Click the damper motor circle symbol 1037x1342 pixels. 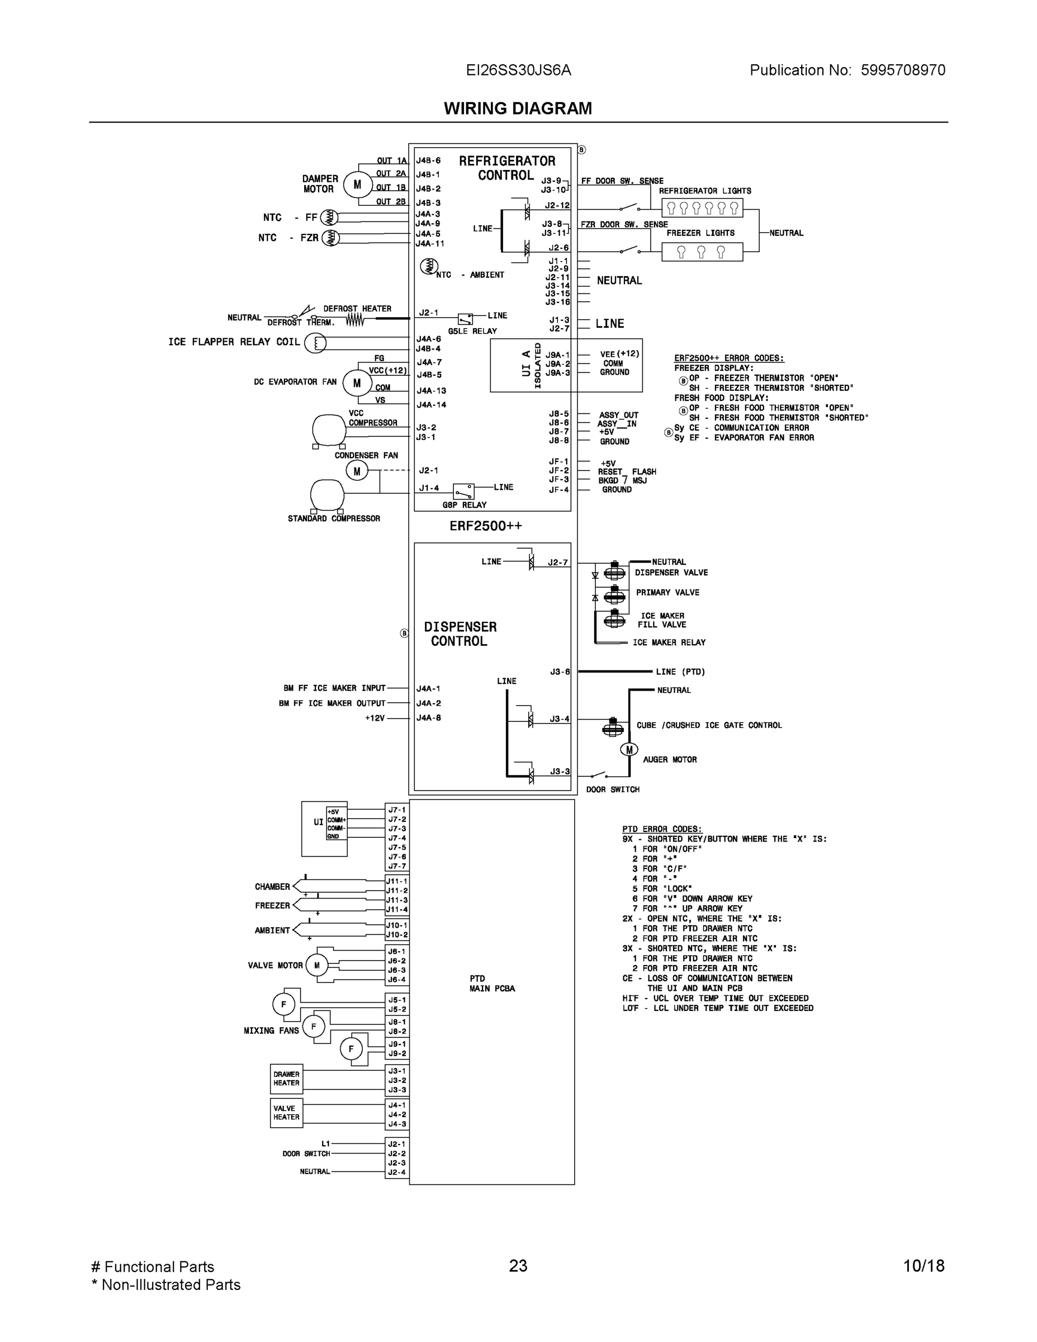357,185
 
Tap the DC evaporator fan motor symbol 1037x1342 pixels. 356,384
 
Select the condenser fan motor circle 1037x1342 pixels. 357,471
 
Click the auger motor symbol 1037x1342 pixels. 629,750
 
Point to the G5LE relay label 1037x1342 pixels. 472,331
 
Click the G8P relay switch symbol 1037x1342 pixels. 464,492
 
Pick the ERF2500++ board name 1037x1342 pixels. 485,526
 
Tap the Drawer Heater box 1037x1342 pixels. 286,1079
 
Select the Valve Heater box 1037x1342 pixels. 286,1113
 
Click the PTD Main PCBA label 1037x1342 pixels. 491,983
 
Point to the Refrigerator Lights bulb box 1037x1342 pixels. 702,207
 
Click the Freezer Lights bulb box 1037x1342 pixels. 702,252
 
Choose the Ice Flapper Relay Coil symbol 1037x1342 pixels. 315,343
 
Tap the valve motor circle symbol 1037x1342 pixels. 317,965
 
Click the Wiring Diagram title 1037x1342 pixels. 518,109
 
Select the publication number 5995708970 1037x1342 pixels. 902,70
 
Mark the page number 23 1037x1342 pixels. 518,1266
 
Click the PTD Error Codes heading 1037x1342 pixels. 662,829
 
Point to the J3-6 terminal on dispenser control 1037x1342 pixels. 560,672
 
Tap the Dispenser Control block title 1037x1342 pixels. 460,634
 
